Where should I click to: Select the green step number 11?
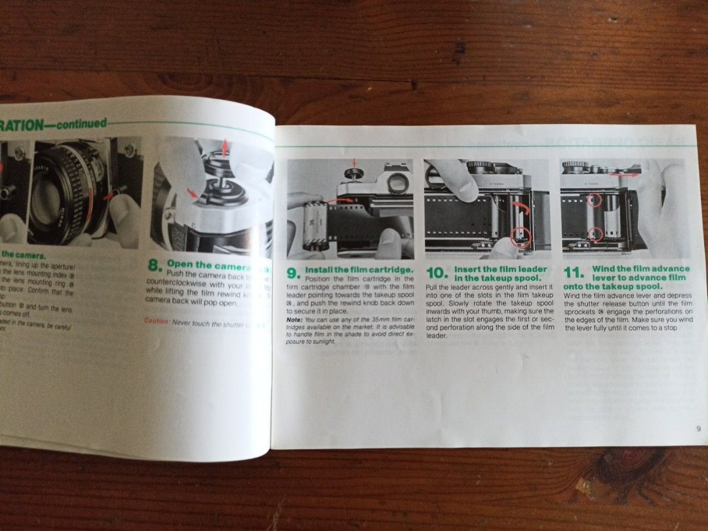point(574,274)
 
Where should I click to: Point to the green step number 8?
point(154,266)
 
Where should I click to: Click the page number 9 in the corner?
point(698,429)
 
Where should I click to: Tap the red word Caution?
point(157,321)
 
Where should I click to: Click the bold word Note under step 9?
point(294,319)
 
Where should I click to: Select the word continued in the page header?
point(81,123)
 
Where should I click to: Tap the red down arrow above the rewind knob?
point(355,162)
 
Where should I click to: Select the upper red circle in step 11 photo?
point(593,199)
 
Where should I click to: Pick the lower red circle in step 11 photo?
point(596,233)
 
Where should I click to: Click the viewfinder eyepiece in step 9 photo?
point(396,183)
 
